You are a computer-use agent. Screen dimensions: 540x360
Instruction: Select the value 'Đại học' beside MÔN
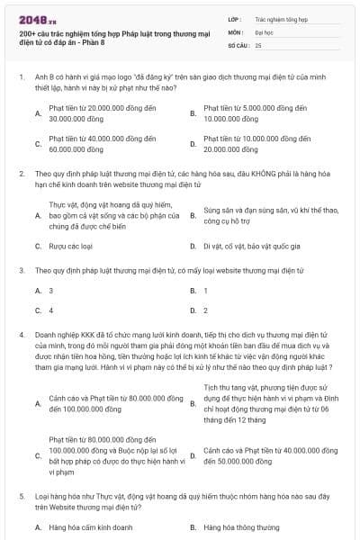coord(264,31)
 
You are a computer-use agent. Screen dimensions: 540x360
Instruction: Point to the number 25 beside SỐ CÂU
coord(258,44)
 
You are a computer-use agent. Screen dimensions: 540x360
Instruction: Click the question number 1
coord(21,78)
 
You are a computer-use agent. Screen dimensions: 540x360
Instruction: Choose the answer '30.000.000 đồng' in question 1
coord(73,118)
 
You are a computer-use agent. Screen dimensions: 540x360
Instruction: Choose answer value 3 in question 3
coord(50,290)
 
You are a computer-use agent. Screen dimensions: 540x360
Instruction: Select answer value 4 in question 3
coord(50,310)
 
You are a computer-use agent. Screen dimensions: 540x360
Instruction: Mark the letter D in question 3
coord(193,310)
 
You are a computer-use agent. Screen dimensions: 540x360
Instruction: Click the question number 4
coord(21,334)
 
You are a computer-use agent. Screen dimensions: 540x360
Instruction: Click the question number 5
coord(21,496)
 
